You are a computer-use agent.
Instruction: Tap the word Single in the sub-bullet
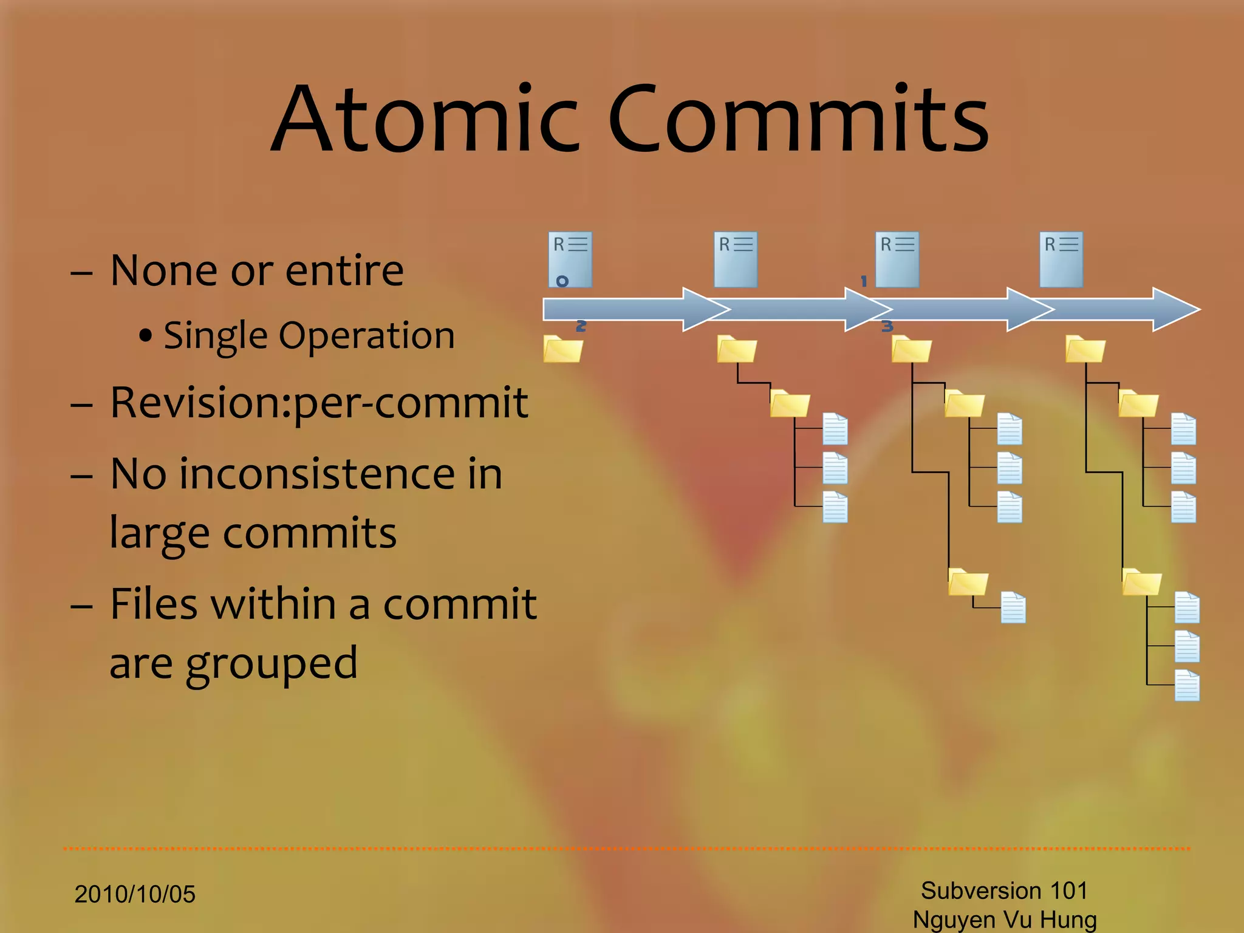[x=216, y=336]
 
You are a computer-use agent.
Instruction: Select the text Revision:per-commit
[x=319, y=403]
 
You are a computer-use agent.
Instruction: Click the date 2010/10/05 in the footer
[x=135, y=894]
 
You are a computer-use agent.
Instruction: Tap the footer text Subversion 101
[x=1004, y=890]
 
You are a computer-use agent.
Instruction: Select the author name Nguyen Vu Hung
[x=1005, y=920]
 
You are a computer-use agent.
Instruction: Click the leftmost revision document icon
[x=570, y=259]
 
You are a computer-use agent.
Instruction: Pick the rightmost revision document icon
[x=1061, y=259]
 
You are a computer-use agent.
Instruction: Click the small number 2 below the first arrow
[x=581, y=326]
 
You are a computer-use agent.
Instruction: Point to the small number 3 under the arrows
[x=887, y=326]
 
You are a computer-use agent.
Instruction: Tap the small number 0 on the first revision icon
[x=562, y=281]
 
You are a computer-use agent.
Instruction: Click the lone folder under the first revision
[x=563, y=349]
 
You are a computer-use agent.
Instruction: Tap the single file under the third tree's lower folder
[x=1013, y=607]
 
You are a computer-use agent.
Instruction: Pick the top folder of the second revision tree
[x=737, y=349]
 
